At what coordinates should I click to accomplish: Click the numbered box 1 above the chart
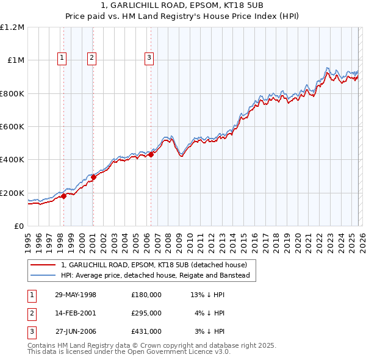pyautogui.click(x=63, y=58)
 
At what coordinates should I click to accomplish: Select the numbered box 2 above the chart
pyautogui.click(x=91, y=58)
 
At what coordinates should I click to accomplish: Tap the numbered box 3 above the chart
pyautogui.click(x=149, y=58)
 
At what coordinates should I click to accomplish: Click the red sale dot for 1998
pyautogui.click(x=63, y=196)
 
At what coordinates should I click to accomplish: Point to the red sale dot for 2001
pyautogui.click(x=93, y=177)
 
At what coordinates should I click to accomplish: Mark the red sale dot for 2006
pyautogui.click(x=151, y=154)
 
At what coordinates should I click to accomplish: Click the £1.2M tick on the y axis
pyautogui.click(x=12, y=27)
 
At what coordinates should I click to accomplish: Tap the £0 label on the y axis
pyautogui.click(x=18, y=226)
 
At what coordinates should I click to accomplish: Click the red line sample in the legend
pyautogui.click(x=43, y=265)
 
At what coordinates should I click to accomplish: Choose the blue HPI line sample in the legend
pyautogui.click(x=43, y=276)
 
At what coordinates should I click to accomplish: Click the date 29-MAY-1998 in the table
pyautogui.click(x=76, y=295)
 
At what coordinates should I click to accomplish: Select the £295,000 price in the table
pyautogui.click(x=146, y=313)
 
